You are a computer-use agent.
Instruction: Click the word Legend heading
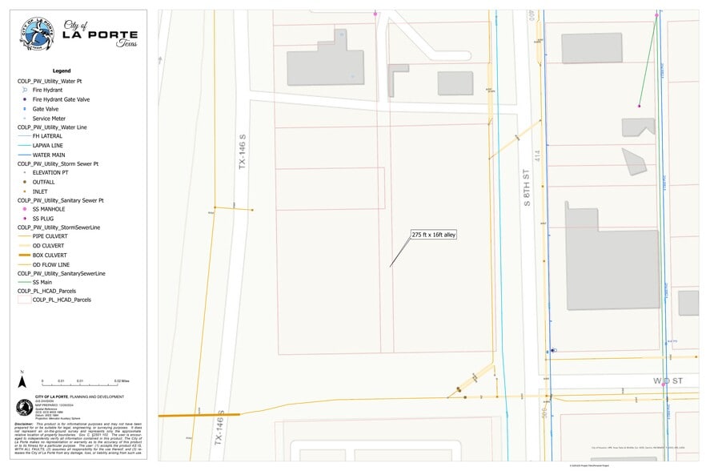coord(62,70)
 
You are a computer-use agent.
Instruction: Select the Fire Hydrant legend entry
coord(49,91)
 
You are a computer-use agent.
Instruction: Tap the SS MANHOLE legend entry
coord(49,209)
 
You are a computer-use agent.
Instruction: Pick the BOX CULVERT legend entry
coord(50,255)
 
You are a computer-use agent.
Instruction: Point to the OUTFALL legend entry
coord(43,182)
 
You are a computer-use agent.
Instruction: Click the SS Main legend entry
coord(44,282)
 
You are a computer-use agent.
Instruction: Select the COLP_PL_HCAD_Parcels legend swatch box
coord(24,300)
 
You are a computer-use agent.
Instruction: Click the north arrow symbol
coord(22,372)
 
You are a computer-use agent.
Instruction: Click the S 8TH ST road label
coord(527,188)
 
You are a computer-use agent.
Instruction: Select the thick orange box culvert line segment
coord(199,415)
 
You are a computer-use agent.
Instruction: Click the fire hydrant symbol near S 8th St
coord(553,350)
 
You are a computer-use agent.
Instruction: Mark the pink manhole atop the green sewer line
coord(656,14)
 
